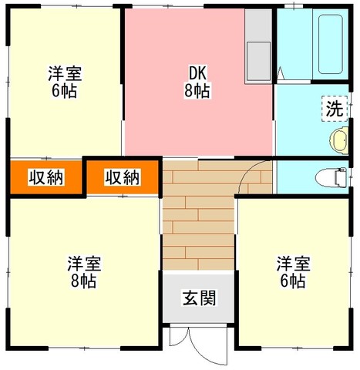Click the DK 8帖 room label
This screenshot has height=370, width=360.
coord(197,82)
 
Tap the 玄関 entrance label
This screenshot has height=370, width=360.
coord(199,298)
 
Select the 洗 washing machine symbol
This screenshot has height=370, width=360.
coord(335,109)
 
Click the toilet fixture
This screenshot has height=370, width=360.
coord(331,178)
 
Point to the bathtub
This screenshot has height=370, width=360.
coord(331,45)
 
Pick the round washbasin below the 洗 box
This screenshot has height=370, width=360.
coord(339,141)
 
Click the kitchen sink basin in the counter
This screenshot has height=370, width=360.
coord(258,61)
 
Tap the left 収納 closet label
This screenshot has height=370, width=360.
coord(46,177)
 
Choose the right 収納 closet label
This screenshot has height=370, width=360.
coord(123,177)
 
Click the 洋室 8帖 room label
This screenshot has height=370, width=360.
coord(84,272)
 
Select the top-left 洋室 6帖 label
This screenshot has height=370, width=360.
coord(65,82)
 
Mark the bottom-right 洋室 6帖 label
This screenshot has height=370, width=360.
coord(293,272)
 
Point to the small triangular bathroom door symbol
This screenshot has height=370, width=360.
coord(281,73)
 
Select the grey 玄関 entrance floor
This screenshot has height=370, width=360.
coord(199,298)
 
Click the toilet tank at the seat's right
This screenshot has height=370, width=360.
coord(341,178)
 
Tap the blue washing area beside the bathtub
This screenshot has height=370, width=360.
coord(294,45)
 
